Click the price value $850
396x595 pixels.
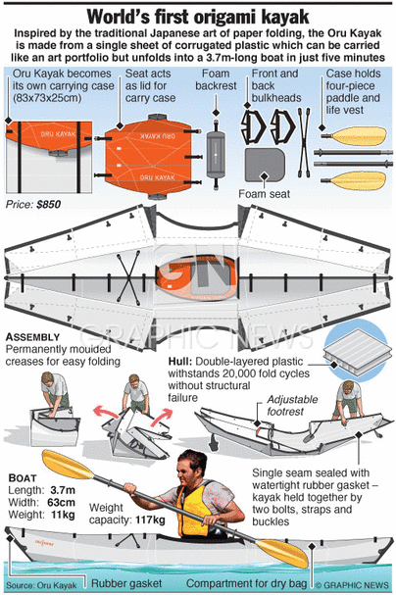coord(49,205)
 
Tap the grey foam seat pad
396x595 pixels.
coord(265,165)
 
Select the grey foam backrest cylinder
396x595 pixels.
coord(216,154)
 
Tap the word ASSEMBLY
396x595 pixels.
coord(33,337)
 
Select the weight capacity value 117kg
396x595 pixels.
coord(150,520)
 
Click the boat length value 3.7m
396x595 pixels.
coord(63,490)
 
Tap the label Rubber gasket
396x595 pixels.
coord(126,583)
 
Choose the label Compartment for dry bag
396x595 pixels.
coord(246,583)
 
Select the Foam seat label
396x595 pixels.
coord(264,194)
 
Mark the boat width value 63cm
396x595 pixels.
coord(61,502)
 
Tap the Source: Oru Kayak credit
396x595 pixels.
coord(41,585)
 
